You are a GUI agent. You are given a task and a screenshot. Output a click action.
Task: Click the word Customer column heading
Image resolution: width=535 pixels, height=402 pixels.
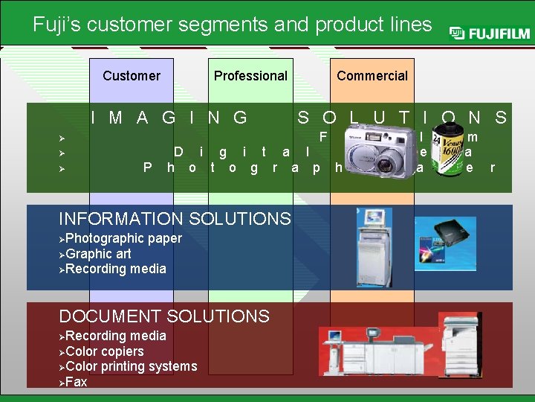tap(132, 75)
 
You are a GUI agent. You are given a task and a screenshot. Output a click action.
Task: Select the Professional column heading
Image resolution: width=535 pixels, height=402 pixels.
tap(250, 75)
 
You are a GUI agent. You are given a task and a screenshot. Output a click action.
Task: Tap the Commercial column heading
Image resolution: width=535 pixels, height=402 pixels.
tap(372, 75)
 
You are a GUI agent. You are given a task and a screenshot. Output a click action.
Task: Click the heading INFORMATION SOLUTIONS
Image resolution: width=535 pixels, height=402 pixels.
tap(175, 219)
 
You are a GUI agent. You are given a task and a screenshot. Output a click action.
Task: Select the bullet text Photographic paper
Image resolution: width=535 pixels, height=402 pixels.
tap(123, 238)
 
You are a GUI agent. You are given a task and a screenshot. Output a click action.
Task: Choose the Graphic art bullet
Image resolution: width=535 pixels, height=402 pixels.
tap(98, 253)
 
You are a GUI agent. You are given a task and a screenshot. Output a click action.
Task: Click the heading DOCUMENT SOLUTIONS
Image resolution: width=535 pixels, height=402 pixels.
tap(164, 316)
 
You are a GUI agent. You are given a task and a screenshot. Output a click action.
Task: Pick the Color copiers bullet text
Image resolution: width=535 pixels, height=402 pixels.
tap(105, 351)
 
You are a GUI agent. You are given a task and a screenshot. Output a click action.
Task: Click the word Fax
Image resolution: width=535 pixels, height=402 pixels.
tap(77, 382)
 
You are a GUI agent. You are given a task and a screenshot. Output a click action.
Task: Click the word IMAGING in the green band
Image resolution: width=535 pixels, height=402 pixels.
tap(169, 118)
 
